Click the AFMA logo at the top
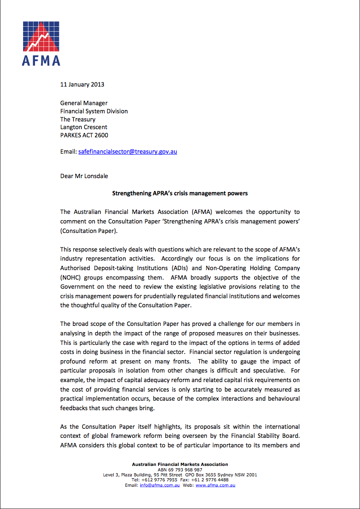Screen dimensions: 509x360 pyautogui.click(x=41, y=43)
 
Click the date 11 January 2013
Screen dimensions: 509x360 pyautogui.click(x=82, y=84)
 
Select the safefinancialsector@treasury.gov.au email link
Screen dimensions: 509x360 pyautogui.click(x=127, y=151)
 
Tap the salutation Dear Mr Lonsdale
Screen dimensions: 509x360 pyautogui.click(x=84, y=175)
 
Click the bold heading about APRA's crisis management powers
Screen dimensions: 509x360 pyautogui.click(x=180, y=193)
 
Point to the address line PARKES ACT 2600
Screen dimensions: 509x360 pyautogui.click(x=84, y=135)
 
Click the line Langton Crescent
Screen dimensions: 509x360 pyautogui.click(x=83, y=127)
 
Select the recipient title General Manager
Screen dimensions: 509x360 pyautogui.click(x=84, y=103)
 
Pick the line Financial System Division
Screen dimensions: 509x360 pyautogui.click(x=94, y=111)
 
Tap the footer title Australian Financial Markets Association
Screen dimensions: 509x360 pyautogui.click(x=180, y=464)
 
